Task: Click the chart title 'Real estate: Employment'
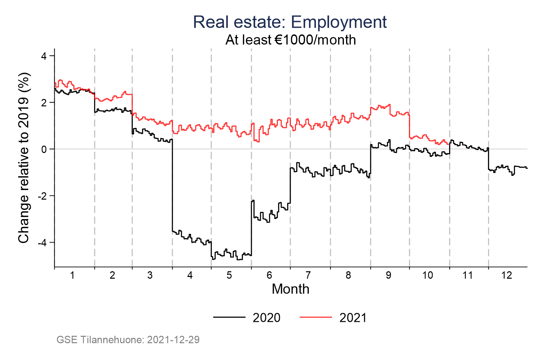coord(290,22)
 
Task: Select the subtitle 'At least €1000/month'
coord(291,40)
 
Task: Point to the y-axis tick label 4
coord(44,56)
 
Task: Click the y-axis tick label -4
coord(42,243)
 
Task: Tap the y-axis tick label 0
coord(44,149)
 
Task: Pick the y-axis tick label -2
coord(42,196)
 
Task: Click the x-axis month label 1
coord(72,276)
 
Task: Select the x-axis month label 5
coord(229,276)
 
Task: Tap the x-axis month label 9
coord(388,276)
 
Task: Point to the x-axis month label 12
coord(507,276)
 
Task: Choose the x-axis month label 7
coord(308,276)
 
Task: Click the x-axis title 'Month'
coord(290,289)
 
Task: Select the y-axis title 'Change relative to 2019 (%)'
coord(24,158)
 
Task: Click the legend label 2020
coord(266,318)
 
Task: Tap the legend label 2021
coord(353,318)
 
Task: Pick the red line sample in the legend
coord(316,317)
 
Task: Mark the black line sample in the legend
coord(229,317)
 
